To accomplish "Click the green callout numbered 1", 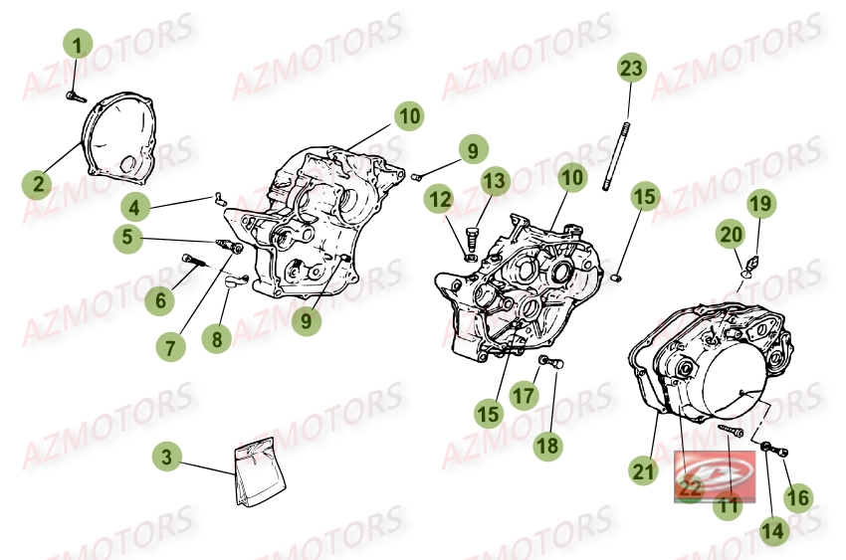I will pyautogui.click(x=78, y=43).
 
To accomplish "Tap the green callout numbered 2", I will pyautogui.click(x=39, y=184).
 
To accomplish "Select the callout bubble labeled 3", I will pyautogui.click(x=168, y=458).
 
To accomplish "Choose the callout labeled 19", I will pyautogui.click(x=760, y=204).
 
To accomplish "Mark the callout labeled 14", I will pyautogui.click(x=771, y=531).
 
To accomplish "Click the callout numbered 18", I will pyautogui.click(x=547, y=446).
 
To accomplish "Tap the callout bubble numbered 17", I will pyautogui.click(x=525, y=396).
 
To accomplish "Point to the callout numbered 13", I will pyautogui.click(x=495, y=181).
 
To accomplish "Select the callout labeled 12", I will pyautogui.click(x=440, y=200).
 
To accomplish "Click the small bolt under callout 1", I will pyautogui.click(x=72, y=95).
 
